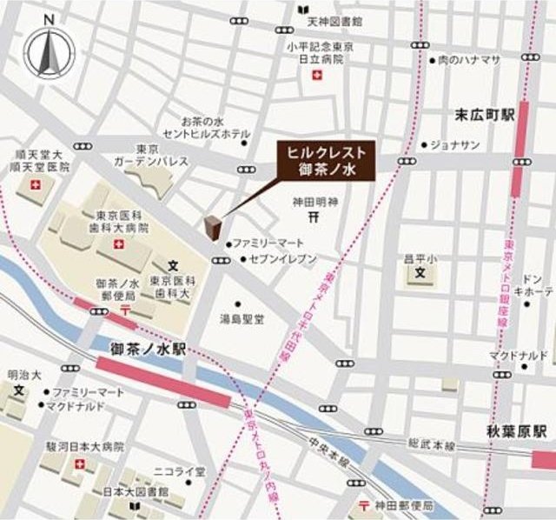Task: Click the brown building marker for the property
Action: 212,224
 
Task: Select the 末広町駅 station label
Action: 484,114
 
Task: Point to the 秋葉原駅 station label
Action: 516,431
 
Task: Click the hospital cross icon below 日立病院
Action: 318,77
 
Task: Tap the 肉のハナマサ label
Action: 469,59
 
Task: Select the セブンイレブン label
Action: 268,259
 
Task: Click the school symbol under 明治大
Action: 18,390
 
